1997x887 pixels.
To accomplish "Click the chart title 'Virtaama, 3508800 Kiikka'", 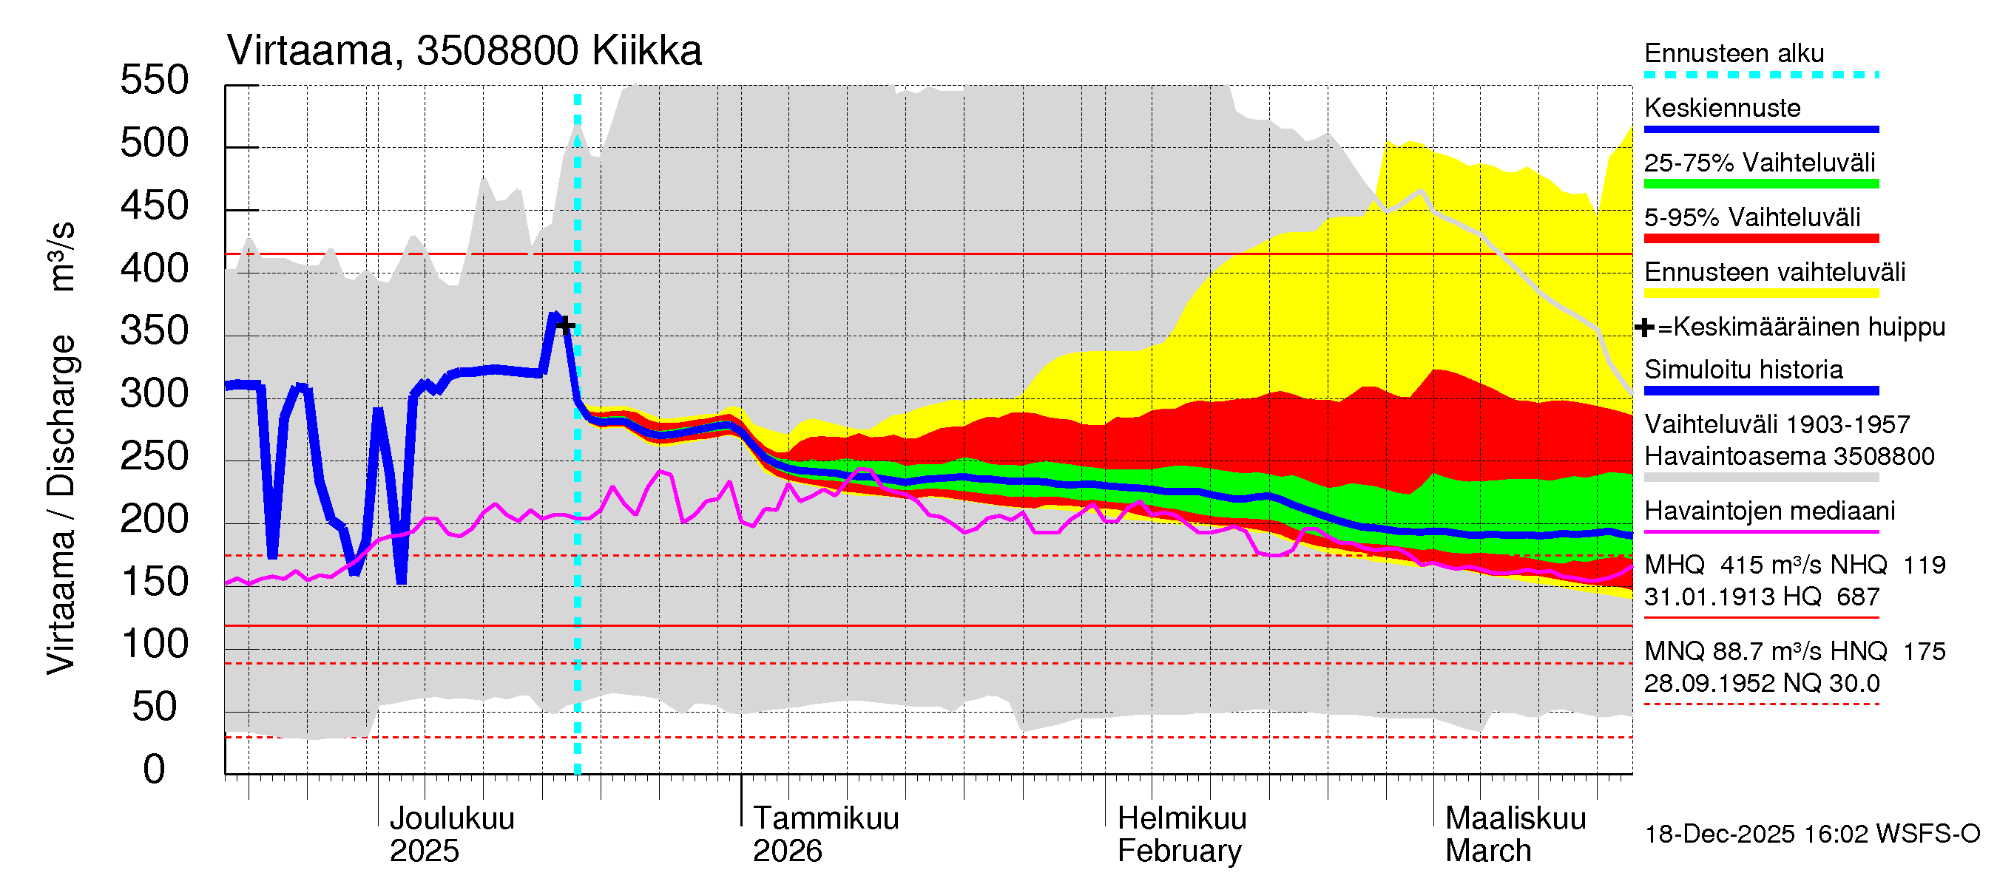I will click(464, 51).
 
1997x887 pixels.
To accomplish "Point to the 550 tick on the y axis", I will click(155, 81).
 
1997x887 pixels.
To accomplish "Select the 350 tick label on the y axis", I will click(155, 332).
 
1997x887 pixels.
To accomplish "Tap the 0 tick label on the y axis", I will click(155, 770).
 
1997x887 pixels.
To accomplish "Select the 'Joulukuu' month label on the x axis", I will click(451, 819).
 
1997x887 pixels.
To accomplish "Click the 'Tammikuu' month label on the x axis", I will click(825, 819).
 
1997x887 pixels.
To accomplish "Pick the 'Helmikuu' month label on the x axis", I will click(1181, 819).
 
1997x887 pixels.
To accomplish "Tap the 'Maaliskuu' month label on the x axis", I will click(1516, 819).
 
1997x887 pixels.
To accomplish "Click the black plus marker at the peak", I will click(566, 324).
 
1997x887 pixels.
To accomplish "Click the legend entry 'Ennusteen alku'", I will click(1734, 53).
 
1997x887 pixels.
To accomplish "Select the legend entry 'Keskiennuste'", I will click(1722, 108).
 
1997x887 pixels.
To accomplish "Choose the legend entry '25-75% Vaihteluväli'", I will click(1759, 163).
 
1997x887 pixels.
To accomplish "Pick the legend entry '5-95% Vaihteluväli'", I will click(1751, 217).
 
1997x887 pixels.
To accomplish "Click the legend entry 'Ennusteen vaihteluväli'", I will click(1774, 273).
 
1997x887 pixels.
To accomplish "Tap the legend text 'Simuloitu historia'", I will click(1743, 370).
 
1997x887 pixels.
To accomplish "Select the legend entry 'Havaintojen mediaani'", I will click(1769, 512).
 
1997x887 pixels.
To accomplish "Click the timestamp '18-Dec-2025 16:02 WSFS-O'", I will click(1811, 835).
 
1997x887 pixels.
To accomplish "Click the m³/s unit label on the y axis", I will click(61, 256).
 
